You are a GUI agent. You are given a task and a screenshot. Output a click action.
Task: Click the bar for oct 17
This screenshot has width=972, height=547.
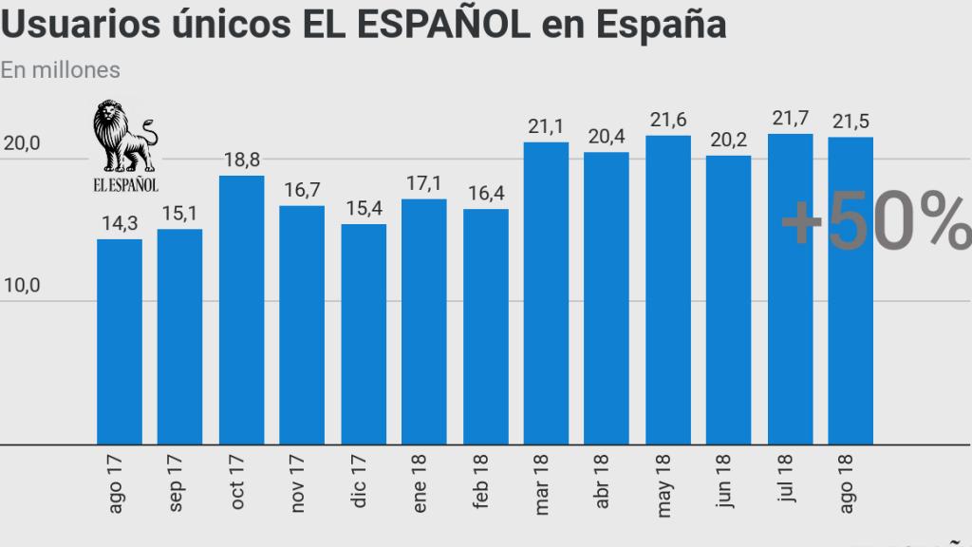pos(241,310)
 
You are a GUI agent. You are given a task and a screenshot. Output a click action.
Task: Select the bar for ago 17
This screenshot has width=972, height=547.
pos(120,342)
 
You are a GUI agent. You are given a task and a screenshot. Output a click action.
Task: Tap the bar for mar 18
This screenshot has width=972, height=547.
pos(547,292)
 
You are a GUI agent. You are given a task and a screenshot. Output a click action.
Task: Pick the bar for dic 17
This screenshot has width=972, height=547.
pos(364,334)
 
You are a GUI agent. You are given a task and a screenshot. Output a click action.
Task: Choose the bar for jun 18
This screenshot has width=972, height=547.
pos(729,299)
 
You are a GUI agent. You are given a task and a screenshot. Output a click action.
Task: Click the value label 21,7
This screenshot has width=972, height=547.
pos(790,119)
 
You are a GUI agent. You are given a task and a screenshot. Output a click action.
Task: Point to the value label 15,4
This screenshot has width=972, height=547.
pos(364,209)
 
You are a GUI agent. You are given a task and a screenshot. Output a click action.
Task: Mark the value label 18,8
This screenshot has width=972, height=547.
pos(241,160)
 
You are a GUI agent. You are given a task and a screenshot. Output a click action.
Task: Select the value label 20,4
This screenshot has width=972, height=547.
pos(607,137)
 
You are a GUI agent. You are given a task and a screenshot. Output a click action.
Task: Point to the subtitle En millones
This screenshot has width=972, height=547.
pos(60,69)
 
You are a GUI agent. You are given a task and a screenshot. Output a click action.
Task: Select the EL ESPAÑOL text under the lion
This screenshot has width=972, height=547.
pos(125,182)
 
